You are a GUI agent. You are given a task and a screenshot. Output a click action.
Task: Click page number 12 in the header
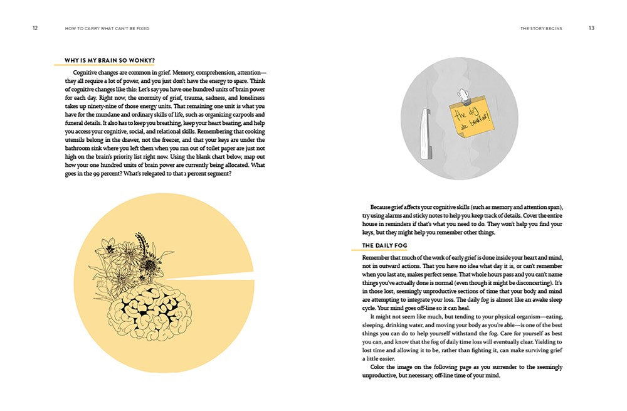pos(35,28)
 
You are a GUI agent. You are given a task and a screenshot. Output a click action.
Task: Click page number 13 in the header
pos(591,28)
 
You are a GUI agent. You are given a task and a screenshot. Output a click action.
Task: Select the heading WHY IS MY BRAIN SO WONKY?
pos(110,61)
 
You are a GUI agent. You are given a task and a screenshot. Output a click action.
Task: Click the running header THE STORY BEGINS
pos(541,28)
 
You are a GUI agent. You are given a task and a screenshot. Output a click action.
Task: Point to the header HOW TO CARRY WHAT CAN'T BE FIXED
pos(107,28)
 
